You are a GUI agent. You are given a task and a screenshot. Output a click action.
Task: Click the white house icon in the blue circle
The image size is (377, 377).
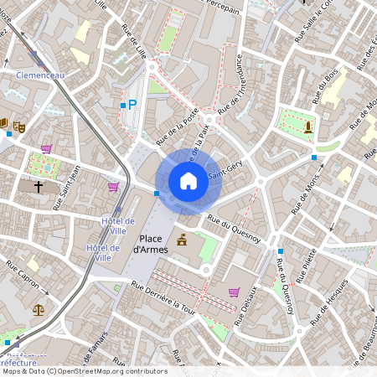(188, 180)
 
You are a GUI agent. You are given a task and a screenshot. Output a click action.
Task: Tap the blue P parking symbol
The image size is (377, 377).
(132, 105)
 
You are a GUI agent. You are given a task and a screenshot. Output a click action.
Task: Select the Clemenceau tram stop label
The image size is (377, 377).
(39, 75)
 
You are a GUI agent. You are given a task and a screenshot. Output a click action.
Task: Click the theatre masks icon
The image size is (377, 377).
(19, 126)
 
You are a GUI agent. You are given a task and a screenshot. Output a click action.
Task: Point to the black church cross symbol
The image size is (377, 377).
(39, 186)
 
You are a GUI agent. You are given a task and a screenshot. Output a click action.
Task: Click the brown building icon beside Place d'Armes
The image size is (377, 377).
(182, 241)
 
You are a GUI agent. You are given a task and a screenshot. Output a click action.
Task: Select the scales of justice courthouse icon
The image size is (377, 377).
(39, 309)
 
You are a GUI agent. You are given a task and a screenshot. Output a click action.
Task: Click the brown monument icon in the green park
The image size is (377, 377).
(308, 127)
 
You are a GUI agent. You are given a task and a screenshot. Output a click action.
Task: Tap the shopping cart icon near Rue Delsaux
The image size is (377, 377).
(233, 292)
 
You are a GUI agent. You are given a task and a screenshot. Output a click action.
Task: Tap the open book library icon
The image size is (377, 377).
(4, 125)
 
